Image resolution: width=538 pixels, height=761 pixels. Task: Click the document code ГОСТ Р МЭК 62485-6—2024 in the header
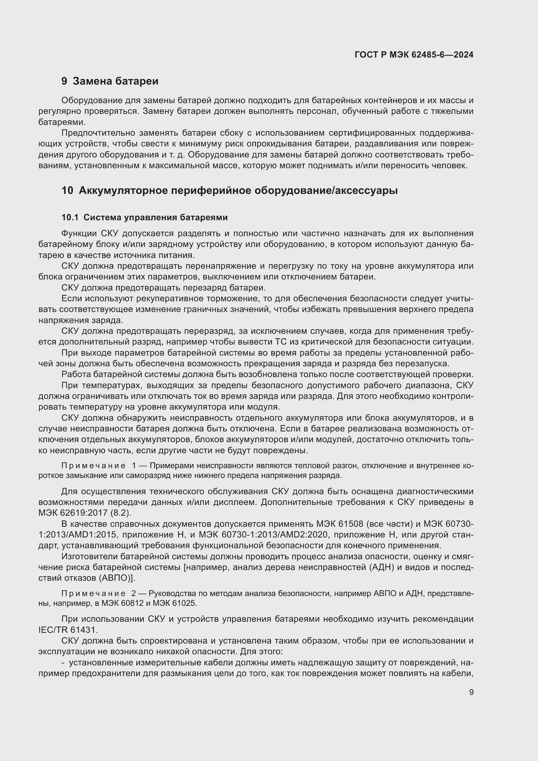(414, 55)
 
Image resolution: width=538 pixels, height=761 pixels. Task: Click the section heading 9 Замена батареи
(110, 81)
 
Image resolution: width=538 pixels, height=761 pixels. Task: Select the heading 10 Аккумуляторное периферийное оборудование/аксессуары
(229, 191)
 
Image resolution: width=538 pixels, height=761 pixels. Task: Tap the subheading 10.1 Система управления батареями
(144, 217)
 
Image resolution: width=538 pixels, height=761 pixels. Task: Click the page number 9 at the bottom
(471, 692)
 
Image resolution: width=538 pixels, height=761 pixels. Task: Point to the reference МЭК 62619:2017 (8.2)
(85, 513)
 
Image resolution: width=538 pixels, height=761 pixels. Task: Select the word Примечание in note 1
(93, 466)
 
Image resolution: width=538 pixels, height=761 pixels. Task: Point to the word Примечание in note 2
(93, 593)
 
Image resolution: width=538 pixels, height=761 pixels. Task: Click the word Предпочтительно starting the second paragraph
(98, 133)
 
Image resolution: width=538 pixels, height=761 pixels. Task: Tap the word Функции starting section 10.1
(79, 234)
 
